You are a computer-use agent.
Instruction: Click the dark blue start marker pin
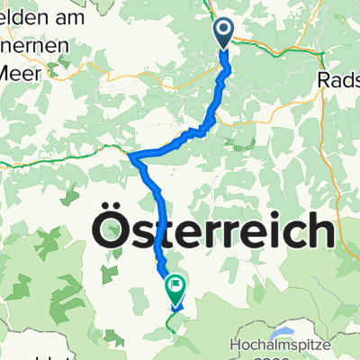(224, 34)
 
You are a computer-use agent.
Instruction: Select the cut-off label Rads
(338, 80)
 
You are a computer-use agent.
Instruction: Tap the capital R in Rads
(324, 80)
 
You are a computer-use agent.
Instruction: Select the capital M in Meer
(7, 73)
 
